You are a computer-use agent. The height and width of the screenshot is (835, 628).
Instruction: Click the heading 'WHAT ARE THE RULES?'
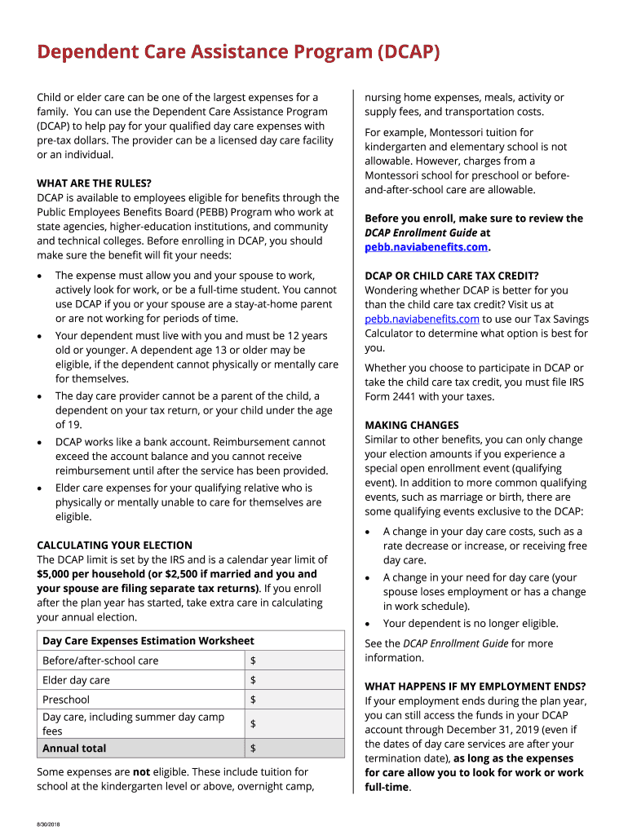[x=94, y=183]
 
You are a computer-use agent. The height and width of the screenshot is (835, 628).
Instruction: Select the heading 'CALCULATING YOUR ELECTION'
[x=114, y=546]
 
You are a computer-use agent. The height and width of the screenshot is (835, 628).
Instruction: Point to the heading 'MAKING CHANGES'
[x=411, y=426]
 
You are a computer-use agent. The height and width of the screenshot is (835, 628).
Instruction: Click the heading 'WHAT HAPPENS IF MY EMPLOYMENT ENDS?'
[x=475, y=687]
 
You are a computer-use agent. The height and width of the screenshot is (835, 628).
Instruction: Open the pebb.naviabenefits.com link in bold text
[x=426, y=247]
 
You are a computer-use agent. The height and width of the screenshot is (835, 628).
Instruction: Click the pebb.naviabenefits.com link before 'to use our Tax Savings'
[x=422, y=319]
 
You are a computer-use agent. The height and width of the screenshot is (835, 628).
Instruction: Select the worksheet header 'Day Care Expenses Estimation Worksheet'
[x=148, y=641]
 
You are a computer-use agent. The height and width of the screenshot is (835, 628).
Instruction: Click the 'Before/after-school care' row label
[x=100, y=660]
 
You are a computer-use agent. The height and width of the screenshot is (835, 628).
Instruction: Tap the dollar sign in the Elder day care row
[x=254, y=680]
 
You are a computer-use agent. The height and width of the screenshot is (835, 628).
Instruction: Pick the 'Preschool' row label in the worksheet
[x=66, y=700]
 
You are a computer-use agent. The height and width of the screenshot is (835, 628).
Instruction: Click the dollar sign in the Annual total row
[x=254, y=749]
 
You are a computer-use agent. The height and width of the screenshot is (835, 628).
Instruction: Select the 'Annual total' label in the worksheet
[x=74, y=749]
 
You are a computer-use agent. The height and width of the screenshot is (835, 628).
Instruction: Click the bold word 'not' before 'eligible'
[x=141, y=772]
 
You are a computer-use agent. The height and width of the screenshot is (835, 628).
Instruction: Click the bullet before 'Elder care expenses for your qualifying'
[x=41, y=488]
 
